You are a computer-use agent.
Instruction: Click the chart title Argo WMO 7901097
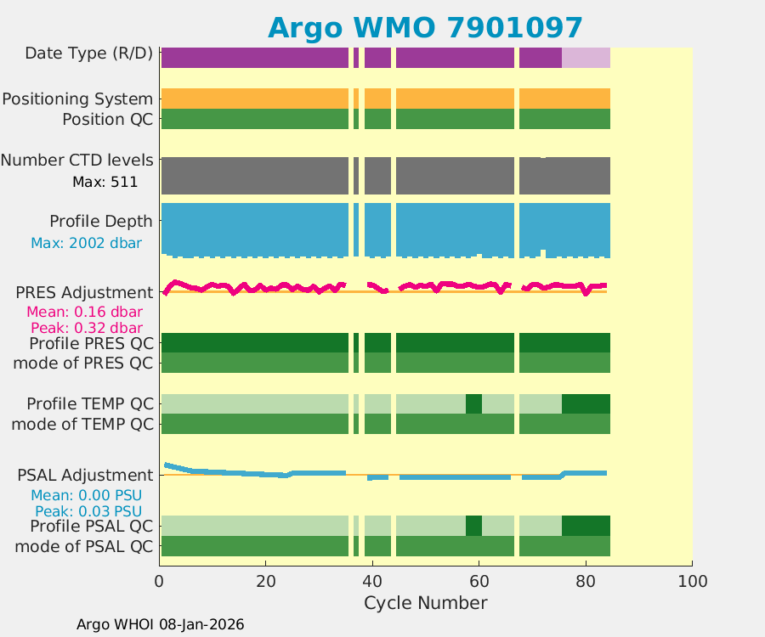point(425,27)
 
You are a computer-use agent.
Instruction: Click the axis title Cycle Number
point(425,603)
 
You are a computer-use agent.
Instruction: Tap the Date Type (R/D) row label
point(89,54)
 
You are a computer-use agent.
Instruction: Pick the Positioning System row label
point(77,99)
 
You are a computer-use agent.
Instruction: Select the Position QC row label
point(107,119)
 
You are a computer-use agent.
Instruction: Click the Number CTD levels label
point(77,160)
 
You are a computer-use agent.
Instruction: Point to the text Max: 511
point(105,181)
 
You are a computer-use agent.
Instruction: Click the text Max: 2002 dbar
point(86,243)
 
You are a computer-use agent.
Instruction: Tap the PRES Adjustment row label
point(85,292)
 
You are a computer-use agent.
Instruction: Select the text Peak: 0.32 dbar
point(87,328)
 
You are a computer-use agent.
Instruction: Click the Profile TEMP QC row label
point(90,403)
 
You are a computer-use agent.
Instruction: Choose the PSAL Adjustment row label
point(85,475)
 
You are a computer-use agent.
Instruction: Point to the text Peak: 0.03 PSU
point(88,511)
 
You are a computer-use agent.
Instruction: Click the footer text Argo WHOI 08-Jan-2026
point(160,624)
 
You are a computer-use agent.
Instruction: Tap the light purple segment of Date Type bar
point(586,58)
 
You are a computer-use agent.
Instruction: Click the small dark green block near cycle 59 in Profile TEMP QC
point(473,403)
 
